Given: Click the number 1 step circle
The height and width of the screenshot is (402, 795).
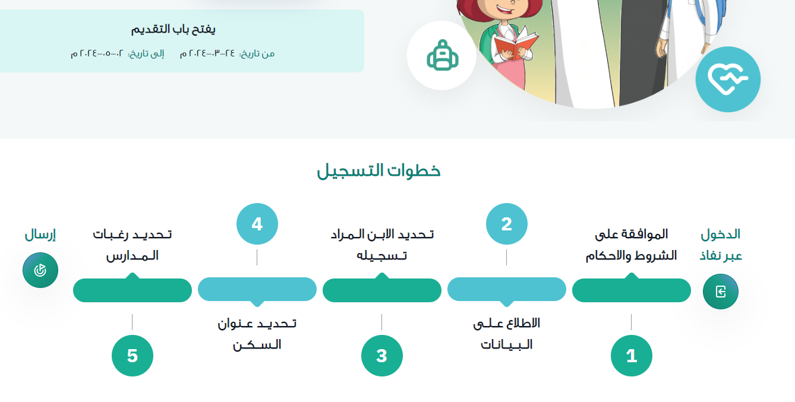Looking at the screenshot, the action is click(x=632, y=356).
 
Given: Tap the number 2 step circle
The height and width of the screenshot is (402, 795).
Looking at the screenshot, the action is click(x=506, y=224).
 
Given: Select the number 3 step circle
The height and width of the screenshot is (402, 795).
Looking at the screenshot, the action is click(x=382, y=356).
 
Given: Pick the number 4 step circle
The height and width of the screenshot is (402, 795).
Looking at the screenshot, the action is click(x=257, y=224).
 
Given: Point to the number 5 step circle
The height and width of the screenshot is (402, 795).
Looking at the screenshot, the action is click(x=132, y=356).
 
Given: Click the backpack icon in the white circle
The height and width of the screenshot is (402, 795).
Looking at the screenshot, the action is click(x=442, y=55).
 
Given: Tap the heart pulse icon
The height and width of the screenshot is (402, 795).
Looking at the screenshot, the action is click(x=728, y=79).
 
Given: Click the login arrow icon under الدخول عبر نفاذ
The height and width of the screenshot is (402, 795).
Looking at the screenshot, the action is click(x=721, y=292).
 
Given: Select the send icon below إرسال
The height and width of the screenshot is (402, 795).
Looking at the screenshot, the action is click(x=40, y=270).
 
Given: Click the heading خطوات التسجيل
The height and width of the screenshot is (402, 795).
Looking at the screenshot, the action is click(x=378, y=170).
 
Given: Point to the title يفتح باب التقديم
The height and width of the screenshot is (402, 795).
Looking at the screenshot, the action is click(x=173, y=29).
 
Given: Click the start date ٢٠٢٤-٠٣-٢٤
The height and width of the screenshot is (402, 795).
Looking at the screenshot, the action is click(x=207, y=53).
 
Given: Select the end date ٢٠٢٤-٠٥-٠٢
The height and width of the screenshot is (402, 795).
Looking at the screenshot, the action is click(x=97, y=53).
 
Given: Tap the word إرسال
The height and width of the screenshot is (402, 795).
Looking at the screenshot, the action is click(x=40, y=235).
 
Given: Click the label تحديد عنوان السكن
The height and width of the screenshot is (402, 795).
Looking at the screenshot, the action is click(x=257, y=334).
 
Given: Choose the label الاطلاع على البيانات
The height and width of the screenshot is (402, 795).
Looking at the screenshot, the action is click(x=506, y=334).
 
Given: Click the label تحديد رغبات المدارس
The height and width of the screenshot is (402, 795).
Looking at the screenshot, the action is click(x=132, y=245).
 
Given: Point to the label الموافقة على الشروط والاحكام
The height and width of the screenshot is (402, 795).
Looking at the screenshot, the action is click(x=632, y=245).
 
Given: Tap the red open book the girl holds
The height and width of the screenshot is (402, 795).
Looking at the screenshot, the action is click(x=515, y=45).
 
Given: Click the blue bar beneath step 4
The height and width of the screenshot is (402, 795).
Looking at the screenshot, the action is click(x=257, y=290).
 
